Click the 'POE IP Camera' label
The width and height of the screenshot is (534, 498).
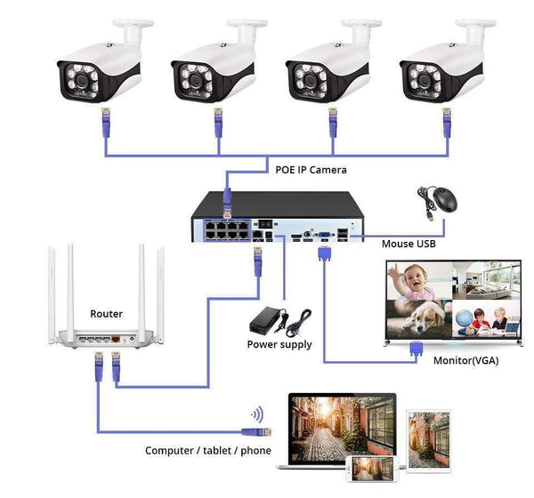click(x=310, y=169)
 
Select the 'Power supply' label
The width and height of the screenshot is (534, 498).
click(x=279, y=344)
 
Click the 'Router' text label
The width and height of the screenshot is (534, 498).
click(x=107, y=314)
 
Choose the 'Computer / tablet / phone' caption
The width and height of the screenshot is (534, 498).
click(x=208, y=451)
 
